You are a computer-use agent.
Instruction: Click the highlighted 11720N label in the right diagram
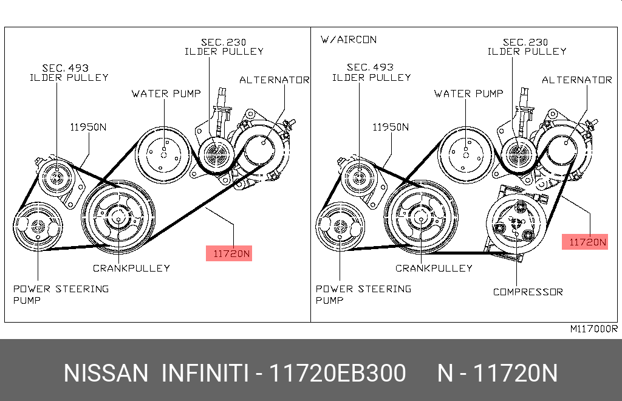click(587, 242)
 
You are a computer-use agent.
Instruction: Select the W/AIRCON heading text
click(348, 39)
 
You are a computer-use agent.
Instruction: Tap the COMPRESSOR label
click(527, 292)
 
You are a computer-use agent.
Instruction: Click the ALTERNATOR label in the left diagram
click(274, 80)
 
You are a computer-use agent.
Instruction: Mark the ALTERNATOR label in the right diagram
click(576, 80)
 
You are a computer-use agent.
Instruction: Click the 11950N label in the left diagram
click(87, 127)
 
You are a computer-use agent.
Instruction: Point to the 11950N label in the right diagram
click(390, 127)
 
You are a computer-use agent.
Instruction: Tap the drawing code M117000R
click(593, 329)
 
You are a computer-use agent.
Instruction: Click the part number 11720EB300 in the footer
click(338, 373)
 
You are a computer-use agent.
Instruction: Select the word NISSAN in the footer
click(106, 373)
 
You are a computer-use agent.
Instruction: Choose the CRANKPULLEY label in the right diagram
click(434, 268)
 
